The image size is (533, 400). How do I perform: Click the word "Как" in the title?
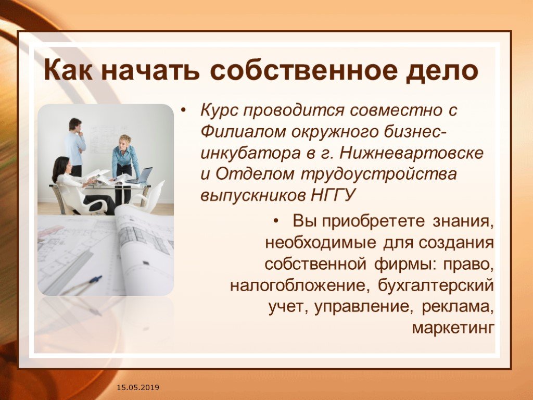click(x=68, y=70)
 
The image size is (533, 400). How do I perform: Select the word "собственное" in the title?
click(x=303, y=70)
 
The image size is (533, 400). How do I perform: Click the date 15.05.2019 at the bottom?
click(x=138, y=387)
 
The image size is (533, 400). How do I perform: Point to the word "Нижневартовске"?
click(x=412, y=153)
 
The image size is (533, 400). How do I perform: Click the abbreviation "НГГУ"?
click(x=334, y=195)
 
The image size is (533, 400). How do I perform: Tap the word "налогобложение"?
click(x=300, y=285)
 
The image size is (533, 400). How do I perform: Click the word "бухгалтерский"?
click(x=436, y=285)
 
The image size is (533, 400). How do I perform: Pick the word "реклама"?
click(x=458, y=307)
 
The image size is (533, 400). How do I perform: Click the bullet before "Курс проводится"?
click(x=184, y=110)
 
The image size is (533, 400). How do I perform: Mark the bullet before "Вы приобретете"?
click(x=276, y=221)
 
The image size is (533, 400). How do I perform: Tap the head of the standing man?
click(x=75, y=124)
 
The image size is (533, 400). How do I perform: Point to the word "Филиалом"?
click(x=243, y=132)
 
